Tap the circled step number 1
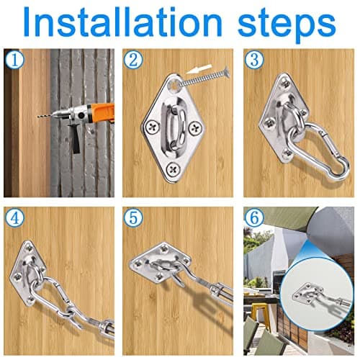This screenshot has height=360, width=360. pos(12,59)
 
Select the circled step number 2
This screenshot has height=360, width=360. pos(132,59)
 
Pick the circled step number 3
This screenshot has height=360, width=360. pos(253,59)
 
